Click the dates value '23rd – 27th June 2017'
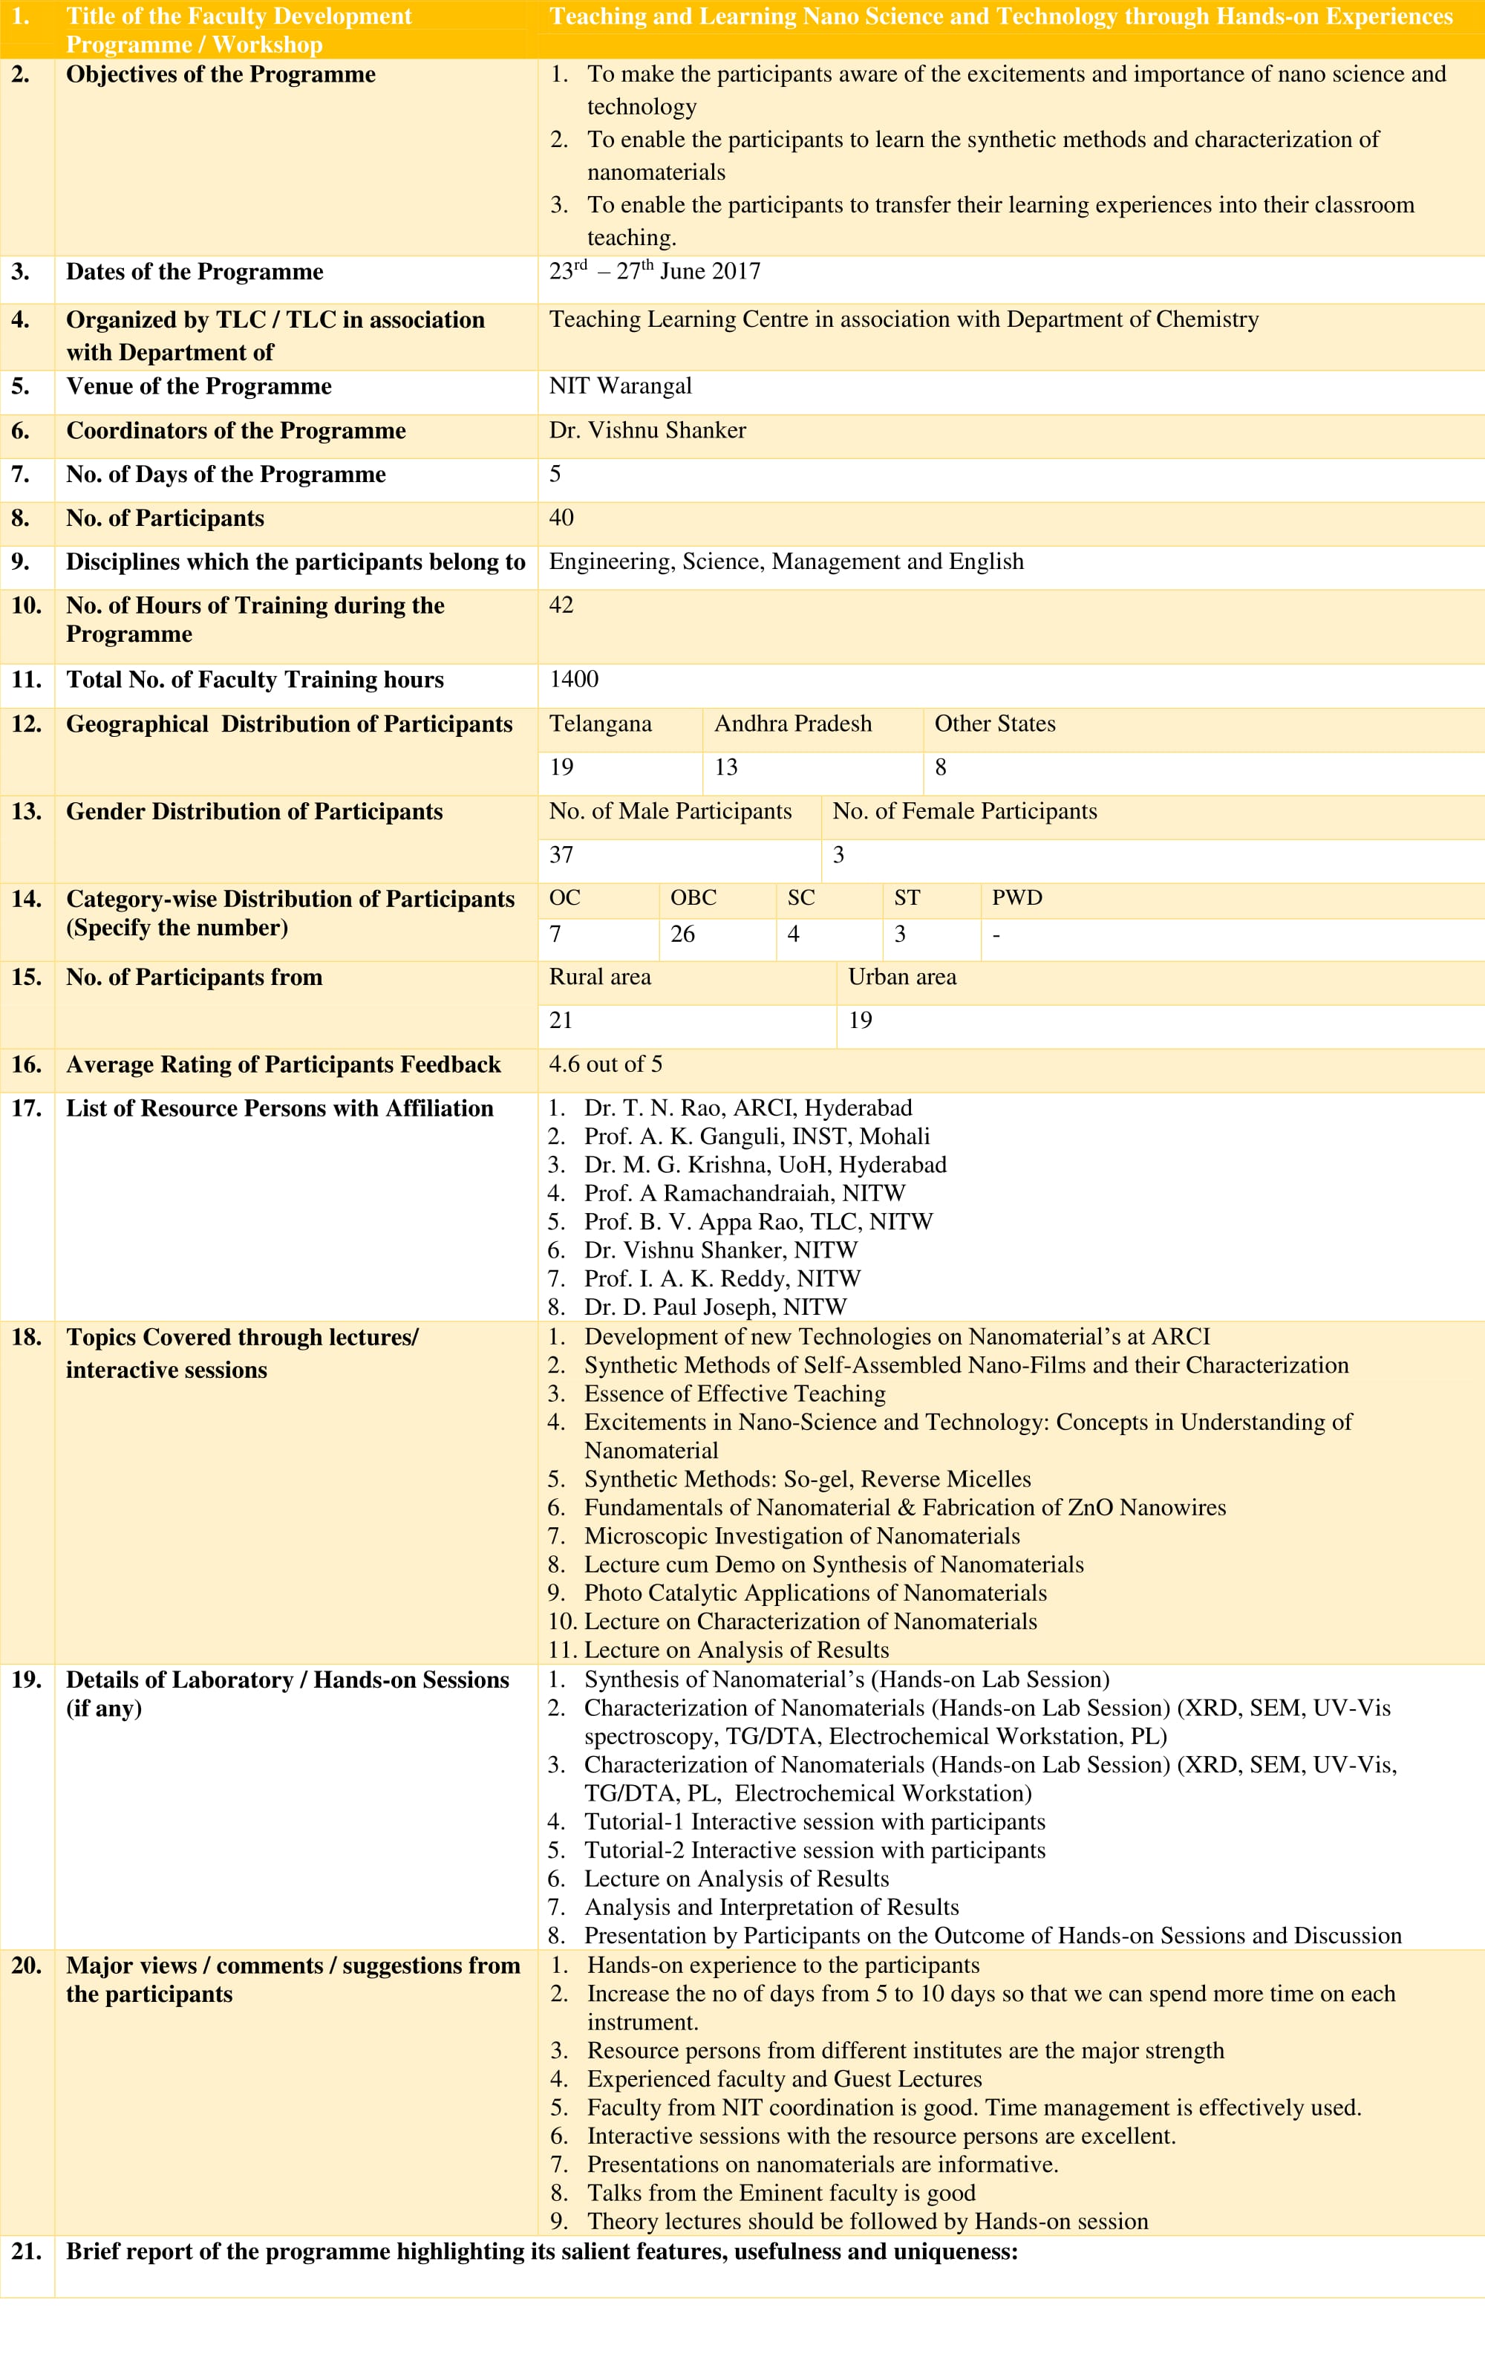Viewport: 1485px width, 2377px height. (x=654, y=271)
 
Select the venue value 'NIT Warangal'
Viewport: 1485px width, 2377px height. (x=620, y=386)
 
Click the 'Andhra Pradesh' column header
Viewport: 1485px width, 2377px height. (x=792, y=724)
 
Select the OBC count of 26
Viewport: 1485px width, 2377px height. (x=682, y=934)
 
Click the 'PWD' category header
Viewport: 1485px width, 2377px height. (x=1016, y=898)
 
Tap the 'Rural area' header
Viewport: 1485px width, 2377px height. (x=599, y=978)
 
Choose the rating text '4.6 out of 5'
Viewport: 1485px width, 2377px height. (x=605, y=1064)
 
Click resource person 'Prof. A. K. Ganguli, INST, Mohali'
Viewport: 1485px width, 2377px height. (x=757, y=1137)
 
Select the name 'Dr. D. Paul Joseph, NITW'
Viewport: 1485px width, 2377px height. (x=715, y=1307)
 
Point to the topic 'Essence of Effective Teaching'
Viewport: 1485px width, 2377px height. (x=734, y=1394)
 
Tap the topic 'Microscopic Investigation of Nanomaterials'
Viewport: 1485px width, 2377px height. (x=801, y=1536)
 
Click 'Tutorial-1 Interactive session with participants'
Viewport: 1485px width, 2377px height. (x=815, y=1822)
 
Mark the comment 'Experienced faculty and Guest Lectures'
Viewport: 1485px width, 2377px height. (x=784, y=2079)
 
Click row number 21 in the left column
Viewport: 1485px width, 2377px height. (x=27, y=2251)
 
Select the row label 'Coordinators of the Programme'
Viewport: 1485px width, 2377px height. (x=235, y=430)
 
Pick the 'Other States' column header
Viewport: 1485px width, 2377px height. (x=994, y=724)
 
